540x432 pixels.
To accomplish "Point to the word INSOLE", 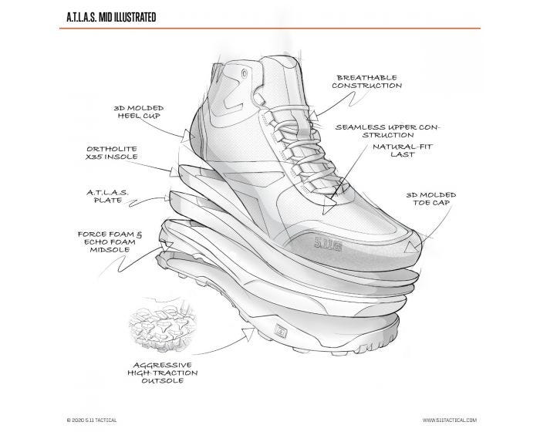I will pyautogui.click(x=129, y=157).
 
